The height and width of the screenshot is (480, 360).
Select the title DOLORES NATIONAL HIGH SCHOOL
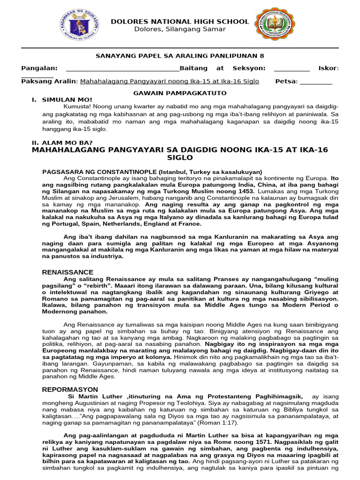(180, 22)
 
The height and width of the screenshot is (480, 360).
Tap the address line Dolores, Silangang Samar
(180, 30)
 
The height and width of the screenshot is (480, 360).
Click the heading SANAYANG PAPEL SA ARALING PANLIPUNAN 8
(180, 55)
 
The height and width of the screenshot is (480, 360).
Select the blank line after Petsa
(315, 82)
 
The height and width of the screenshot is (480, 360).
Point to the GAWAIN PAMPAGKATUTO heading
(180, 94)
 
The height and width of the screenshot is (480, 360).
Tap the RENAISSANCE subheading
(67, 272)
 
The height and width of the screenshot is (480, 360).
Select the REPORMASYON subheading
(70, 390)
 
